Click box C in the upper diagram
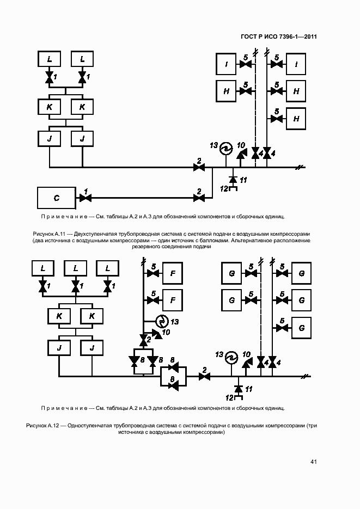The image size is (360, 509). click(57, 198)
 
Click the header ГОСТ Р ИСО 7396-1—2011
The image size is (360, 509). click(279, 37)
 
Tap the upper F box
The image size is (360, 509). click(172, 273)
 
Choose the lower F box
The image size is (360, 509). click(172, 300)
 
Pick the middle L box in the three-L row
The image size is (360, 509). click(75, 268)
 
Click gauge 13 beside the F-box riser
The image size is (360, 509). click(161, 320)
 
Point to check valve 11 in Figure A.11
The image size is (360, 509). click(233, 179)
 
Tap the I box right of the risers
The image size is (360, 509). click(296, 65)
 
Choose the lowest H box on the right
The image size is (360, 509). click(296, 118)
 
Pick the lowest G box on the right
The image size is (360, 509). click(301, 328)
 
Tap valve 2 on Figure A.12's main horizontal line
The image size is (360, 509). click(204, 376)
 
